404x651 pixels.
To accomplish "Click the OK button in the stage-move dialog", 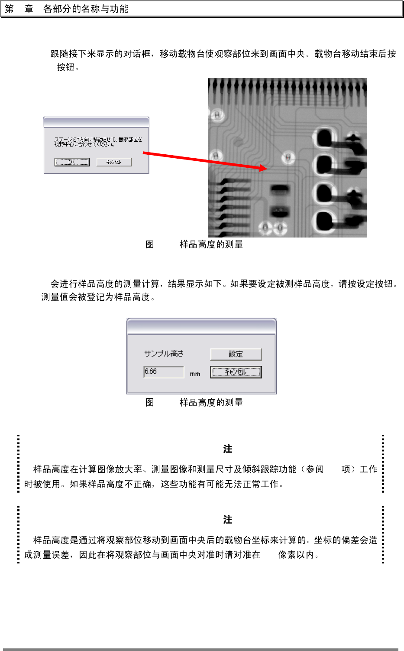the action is (x=72, y=162).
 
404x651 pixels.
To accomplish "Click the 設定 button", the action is (x=236, y=354).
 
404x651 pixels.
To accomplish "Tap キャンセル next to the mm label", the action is (x=236, y=372).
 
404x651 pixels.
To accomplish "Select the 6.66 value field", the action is (x=164, y=372).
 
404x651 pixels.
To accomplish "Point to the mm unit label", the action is (x=195, y=374).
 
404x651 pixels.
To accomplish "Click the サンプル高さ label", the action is (x=164, y=354).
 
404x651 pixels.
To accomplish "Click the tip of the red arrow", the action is (x=266, y=169).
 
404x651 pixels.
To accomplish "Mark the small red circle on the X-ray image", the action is (x=288, y=157).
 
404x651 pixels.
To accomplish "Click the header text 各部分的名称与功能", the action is (x=86, y=9).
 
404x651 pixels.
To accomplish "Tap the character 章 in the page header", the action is (x=29, y=9).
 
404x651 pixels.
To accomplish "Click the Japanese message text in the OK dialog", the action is (x=98, y=142).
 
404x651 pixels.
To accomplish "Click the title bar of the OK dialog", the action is (x=96, y=122).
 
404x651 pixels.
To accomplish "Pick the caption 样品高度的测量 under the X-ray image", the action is (x=211, y=244).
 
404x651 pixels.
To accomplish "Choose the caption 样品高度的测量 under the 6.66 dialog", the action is (x=211, y=403).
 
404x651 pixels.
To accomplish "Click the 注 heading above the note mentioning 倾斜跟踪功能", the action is (x=228, y=449).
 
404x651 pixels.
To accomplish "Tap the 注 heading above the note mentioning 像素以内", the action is (x=228, y=520).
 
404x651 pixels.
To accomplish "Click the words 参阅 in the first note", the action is (x=314, y=469).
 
